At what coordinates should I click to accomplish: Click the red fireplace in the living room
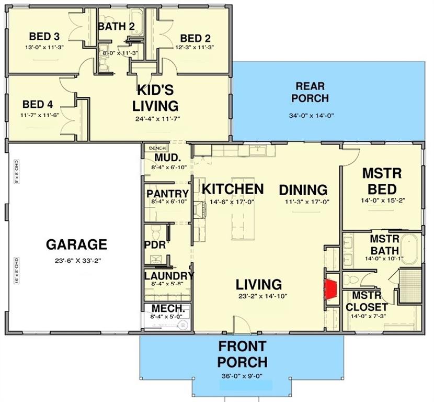tap(330, 288)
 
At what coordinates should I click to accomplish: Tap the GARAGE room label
tap(76, 244)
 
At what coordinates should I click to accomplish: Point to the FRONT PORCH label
tap(242, 354)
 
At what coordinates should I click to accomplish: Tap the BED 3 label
tap(44, 37)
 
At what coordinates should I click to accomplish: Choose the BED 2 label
tap(195, 38)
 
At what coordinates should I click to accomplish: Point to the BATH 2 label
tap(117, 26)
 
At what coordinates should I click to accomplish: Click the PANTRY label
tap(167, 194)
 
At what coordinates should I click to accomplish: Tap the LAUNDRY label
tap(169, 276)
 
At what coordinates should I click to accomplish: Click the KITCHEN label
tap(233, 188)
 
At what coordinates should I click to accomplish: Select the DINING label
tap(303, 189)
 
